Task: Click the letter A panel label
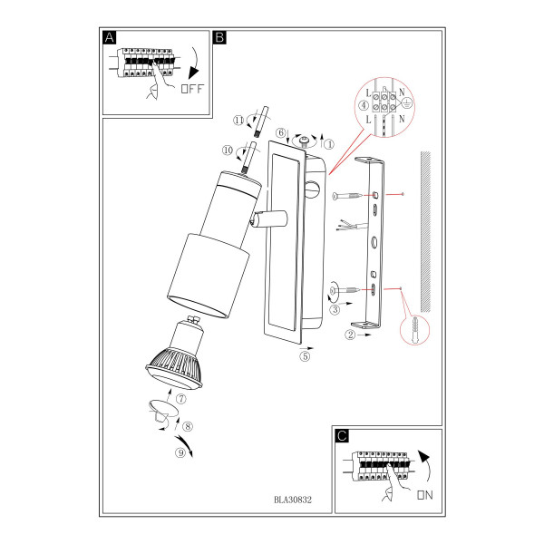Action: pos(110,37)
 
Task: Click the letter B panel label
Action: pos(220,37)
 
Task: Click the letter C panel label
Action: pos(342,436)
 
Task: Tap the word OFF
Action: pos(192,89)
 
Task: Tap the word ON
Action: pos(425,495)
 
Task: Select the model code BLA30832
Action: pos(293,500)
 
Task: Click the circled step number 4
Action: pos(364,105)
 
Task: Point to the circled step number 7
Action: pos(181,399)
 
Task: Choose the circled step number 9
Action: pos(180,452)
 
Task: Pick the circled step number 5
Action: pos(305,356)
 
